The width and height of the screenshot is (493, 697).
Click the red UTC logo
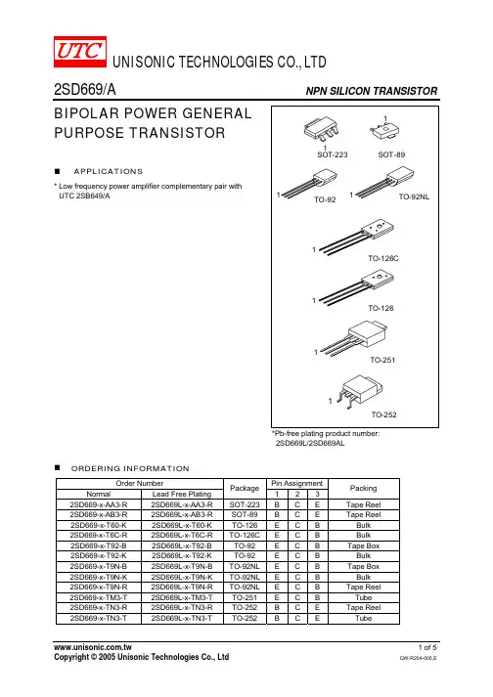click(x=80, y=52)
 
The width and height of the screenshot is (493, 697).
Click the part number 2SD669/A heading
click(x=85, y=90)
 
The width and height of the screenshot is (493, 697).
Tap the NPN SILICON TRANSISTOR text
click(x=372, y=91)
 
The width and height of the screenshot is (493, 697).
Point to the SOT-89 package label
click(x=391, y=154)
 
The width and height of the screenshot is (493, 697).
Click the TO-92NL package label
click(x=414, y=196)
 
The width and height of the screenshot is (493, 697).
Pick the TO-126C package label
click(x=383, y=258)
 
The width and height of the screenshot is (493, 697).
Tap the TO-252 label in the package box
click(x=384, y=414)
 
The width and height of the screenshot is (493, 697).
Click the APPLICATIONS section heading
click(x=109, y=172)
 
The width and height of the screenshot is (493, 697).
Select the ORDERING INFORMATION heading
click(x=130, y=468)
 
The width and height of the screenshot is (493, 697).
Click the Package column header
click(x=245, y=488)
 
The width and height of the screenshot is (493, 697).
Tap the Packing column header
click(x=363, y=488)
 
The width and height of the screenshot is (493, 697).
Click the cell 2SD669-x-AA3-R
click(x=99, y=504)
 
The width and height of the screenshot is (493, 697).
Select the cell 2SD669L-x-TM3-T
click(x=182, y=597)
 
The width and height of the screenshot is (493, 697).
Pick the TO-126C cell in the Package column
click(x=245, y=535)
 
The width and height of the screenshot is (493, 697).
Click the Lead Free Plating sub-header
click(x=182, y=494)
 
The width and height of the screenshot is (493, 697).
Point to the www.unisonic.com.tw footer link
click(x=93, y=647)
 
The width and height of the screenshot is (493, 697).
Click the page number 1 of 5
click(x=427, y=648)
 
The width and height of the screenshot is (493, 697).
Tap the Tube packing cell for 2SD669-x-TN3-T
click(x=363, y=619)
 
